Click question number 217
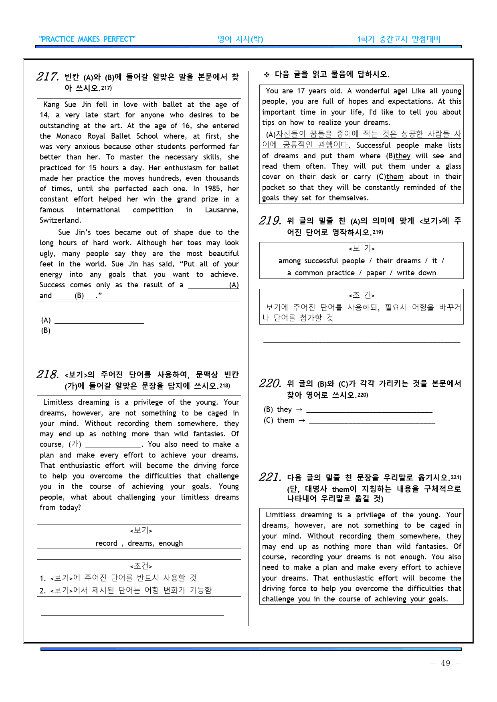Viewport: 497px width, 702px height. [x=47, y=77]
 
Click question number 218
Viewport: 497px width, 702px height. [x=47, y=374]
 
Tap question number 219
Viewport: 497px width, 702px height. [x=270, y=221]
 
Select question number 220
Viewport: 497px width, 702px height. [x=270, y=383]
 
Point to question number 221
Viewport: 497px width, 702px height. [x=270, y=477]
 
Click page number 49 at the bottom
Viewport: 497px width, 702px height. [x=445, y=663]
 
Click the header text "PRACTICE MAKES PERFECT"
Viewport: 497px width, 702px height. [x=87, y=39]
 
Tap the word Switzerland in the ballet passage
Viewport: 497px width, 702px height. [x=60, y=220]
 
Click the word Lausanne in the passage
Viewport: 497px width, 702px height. [x=221, y=210]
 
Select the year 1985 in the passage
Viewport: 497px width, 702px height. [x=213, y=189]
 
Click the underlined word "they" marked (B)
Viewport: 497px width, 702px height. [x=403, y=156]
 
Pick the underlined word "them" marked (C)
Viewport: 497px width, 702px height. [x=395, y=177]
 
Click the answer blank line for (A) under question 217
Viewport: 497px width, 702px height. [x=99, y=320]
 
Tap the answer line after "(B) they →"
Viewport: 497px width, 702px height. [x=369, y=410]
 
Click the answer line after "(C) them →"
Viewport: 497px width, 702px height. [x=372, y=421]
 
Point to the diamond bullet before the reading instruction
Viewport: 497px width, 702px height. [x=267, y=75]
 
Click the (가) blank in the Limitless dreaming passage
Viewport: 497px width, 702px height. [x=113, y=445]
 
